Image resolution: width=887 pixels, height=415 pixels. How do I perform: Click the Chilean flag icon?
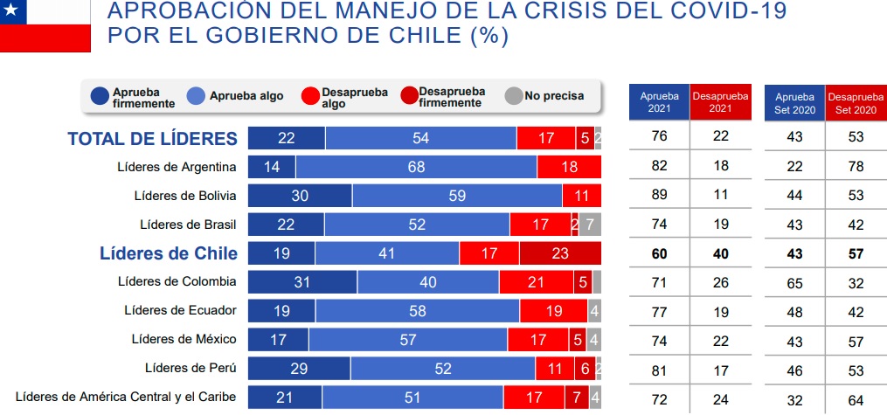(45, 25)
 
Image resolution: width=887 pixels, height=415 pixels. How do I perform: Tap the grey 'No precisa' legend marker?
(514, 95)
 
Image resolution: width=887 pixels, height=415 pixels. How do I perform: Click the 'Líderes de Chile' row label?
(168, 253)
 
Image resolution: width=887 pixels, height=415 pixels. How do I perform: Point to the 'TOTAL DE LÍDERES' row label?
(152, 138)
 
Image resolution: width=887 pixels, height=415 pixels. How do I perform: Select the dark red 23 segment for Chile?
(560, 253)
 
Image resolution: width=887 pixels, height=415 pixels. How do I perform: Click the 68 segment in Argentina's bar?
(416, 167)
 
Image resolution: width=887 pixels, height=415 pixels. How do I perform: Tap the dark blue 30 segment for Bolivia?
(300, 196)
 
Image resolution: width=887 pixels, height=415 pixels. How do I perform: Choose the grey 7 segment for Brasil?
(591, 225)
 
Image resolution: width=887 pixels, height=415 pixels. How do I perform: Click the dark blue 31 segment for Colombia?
(302, 282)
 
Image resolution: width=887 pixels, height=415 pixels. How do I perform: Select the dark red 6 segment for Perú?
(585, 369)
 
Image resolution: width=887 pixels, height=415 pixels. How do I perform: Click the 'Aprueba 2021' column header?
(659, 102)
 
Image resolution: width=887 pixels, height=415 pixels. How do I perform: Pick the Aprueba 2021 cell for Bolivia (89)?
(659, 196)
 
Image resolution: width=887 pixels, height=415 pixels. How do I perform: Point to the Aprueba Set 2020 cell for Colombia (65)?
(795, 282)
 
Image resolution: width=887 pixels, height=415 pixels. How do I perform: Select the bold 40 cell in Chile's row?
(720, 253)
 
